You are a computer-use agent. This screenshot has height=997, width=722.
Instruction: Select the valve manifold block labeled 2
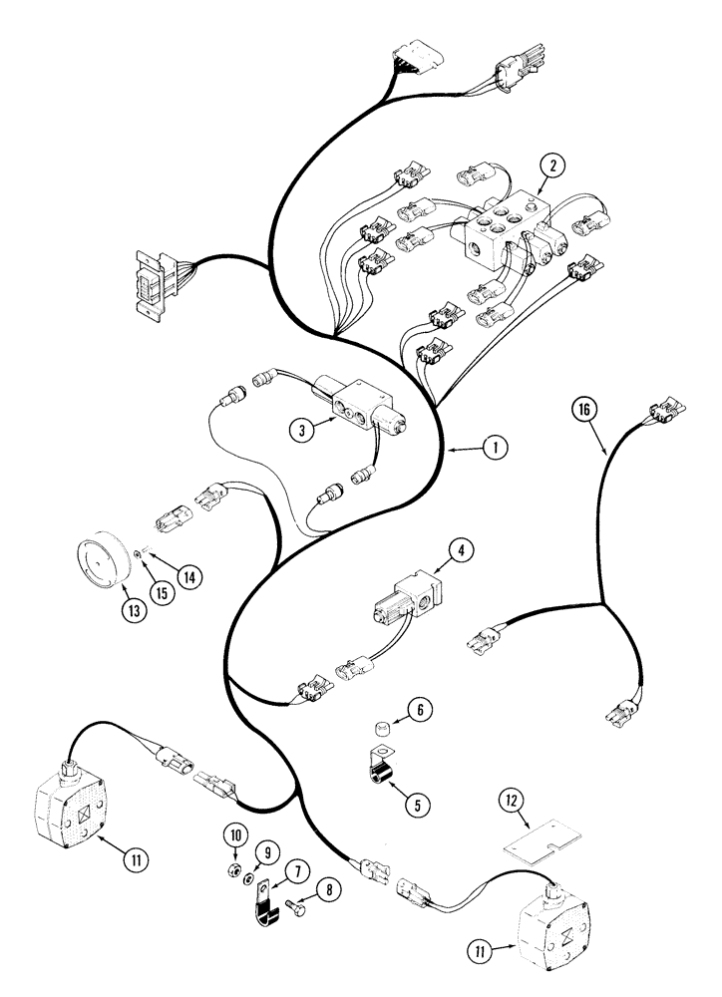pyautogui.click(x=504, y=232)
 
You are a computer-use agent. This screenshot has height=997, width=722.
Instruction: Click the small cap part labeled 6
pyautogui.click(x=379, y=736)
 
